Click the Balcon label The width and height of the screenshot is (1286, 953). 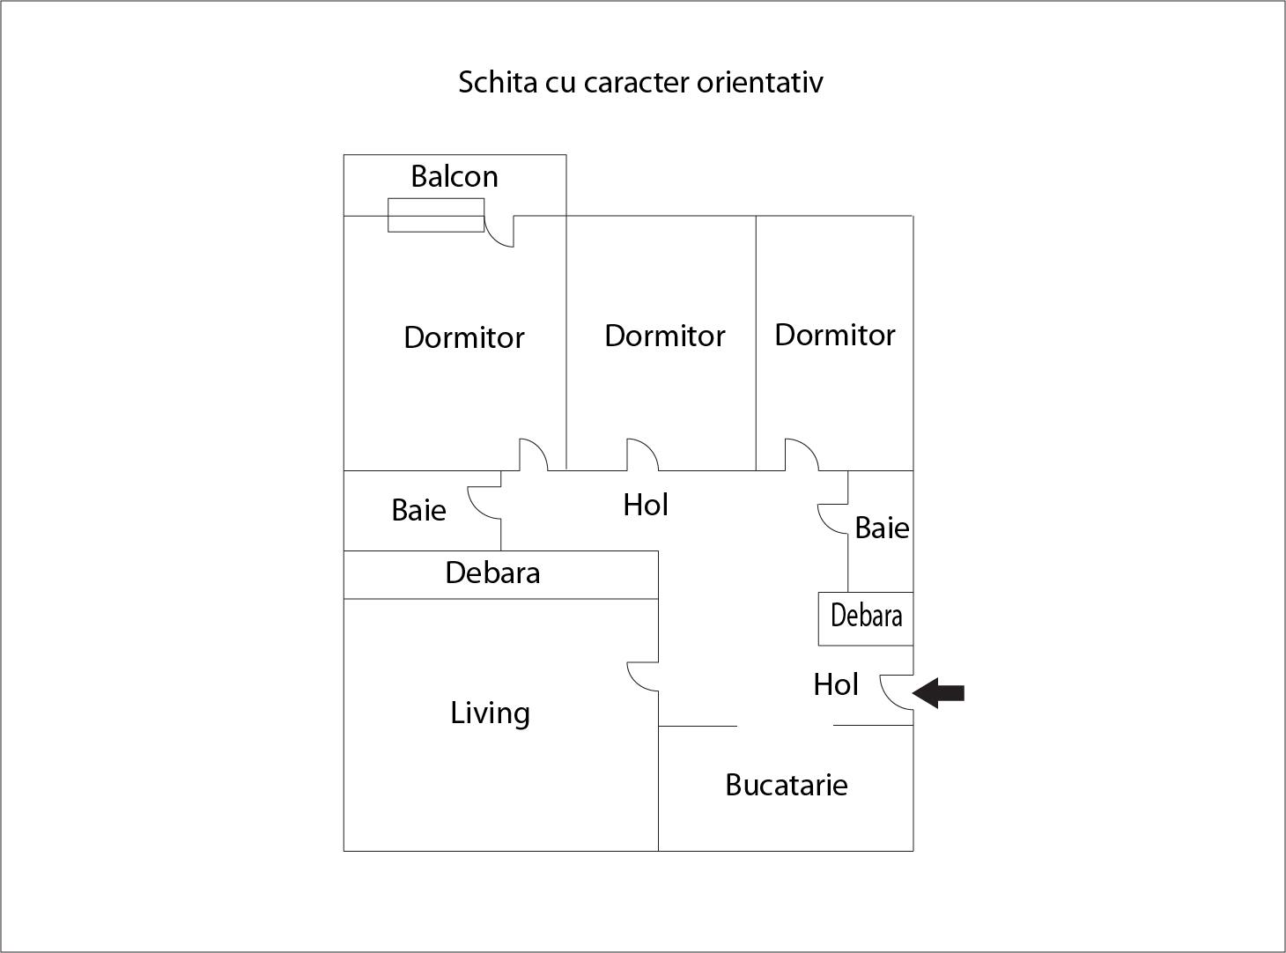coord(455,176)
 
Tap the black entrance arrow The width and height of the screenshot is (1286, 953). coord(938,692)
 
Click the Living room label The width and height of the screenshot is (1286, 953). coord(490,713)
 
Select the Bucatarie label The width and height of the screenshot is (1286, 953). coord(787,785)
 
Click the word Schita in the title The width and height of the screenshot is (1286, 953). coord(498,82)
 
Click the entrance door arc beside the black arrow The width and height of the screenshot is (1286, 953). coord(897,692)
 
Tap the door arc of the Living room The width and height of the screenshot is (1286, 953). coord(642,676)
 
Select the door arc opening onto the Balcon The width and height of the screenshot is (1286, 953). coord(499,232)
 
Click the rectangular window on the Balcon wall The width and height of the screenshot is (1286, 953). coord(436,215)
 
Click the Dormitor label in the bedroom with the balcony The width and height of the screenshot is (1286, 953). coord(464,337)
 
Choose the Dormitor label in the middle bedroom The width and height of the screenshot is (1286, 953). coord(664,336)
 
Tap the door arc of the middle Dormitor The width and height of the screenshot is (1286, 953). coord(642,454)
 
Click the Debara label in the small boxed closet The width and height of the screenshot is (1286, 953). coord(866,616)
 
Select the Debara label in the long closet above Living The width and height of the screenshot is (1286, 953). coord(492,573)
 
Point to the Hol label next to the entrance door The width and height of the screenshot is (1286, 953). coord(836,684)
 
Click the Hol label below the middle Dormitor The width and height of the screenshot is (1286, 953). coord(646,505)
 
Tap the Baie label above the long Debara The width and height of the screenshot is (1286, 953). coord(418,511)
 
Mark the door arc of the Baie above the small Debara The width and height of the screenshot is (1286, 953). coord(832,519)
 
